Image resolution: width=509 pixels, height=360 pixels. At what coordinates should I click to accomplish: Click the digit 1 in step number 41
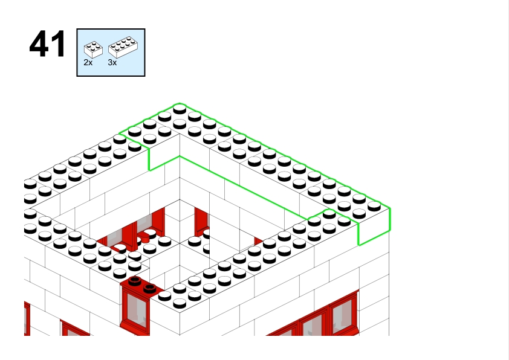point(58,43)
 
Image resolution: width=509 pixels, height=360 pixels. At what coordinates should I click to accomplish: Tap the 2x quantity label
point(88,63)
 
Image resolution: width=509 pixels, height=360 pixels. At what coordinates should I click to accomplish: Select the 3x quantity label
point(112,63)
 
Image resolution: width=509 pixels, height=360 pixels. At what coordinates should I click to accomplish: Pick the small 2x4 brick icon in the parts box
point(93,50)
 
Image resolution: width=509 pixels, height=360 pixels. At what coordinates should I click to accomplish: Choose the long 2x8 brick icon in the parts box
point(123,47)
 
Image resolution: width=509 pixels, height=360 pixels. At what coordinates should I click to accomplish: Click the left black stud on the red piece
point(135,281)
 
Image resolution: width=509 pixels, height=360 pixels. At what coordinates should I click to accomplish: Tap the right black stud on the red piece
point(150,288)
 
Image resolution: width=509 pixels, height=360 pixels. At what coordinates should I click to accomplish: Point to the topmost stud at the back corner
point(180,109)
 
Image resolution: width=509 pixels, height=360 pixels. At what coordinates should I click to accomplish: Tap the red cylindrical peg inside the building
point(144,239)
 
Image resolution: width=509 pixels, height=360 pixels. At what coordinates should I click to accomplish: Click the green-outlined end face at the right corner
point(374,227)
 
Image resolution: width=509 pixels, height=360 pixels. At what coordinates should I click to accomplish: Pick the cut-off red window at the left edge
point(27,318)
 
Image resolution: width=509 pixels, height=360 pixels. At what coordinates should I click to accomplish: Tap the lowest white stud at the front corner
point(180,304)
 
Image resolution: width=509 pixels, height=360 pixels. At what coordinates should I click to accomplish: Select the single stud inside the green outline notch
point(329,214)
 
